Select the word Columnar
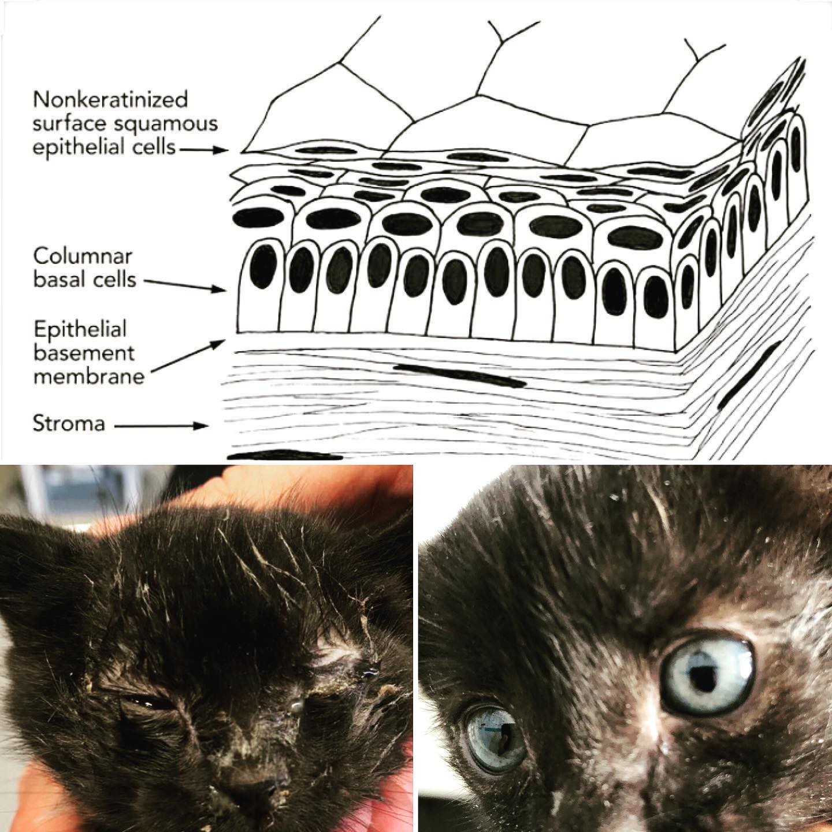(x=83, y=257)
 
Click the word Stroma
(x=69, y=424)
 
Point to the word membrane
(x=89, y=377)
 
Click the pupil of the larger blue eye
(x=700, y=674)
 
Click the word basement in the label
(x=84, y=354)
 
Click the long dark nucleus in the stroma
(x=460, y=375)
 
